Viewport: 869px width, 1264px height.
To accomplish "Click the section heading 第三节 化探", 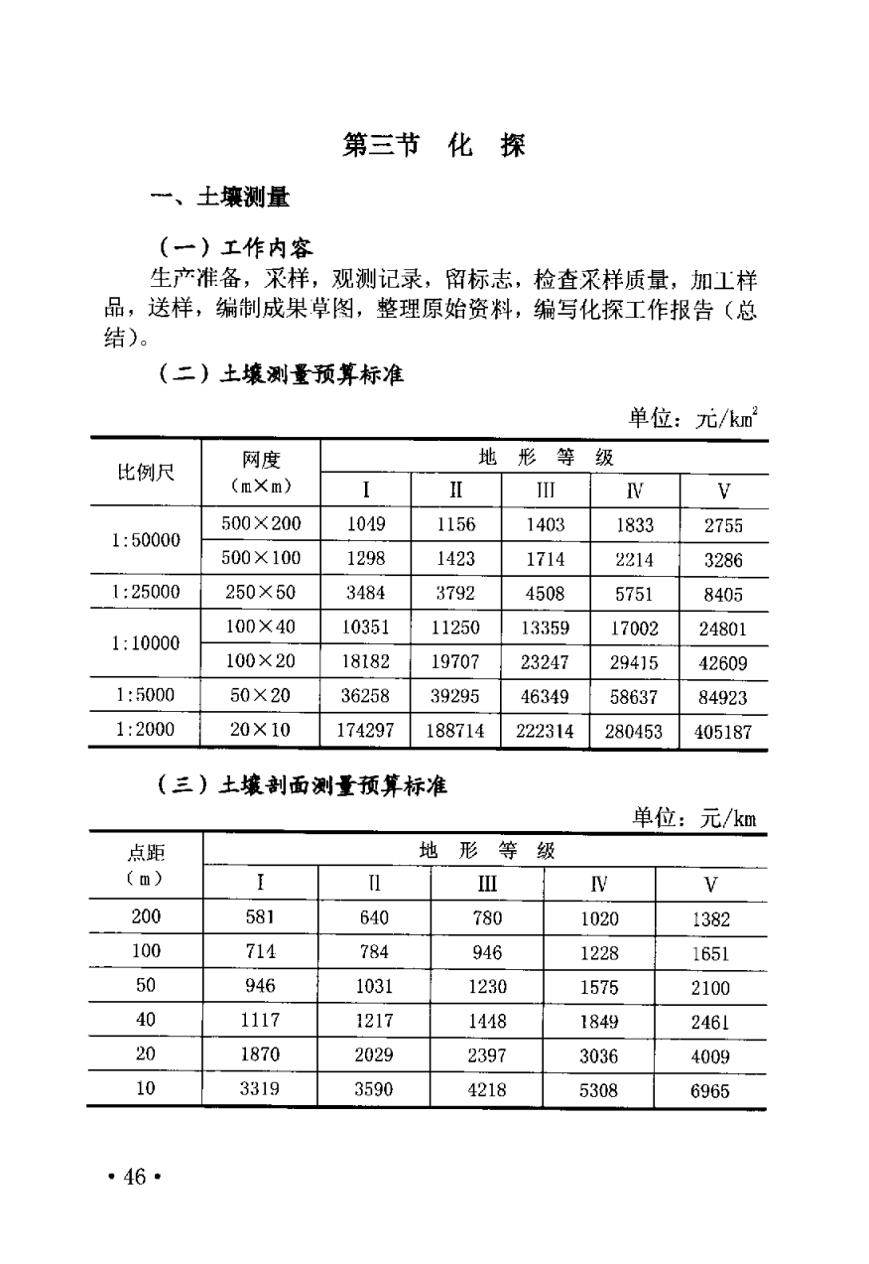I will tap(434, 146).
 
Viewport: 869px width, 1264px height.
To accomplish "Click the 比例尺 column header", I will tap(146, 473).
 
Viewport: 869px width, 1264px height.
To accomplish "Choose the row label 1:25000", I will tap(146, 594).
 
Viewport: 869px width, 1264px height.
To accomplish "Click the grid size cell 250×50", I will tap(261, 594).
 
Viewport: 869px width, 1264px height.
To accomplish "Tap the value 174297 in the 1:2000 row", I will tap(365, 732).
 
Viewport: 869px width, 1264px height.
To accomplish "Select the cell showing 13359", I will tap(546, 628).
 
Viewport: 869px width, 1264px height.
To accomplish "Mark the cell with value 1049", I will tap(365, 524).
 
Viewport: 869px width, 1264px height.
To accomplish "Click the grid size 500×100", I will tap(261, 559).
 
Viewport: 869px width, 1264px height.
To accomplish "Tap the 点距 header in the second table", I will tap(146, 853).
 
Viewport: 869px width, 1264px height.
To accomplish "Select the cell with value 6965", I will tap(709, 1091).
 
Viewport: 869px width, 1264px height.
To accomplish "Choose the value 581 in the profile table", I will tap(260, 917).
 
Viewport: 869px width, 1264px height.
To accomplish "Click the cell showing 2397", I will tap(486, 1055).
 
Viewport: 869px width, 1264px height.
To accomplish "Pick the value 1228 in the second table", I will tap(599, 952).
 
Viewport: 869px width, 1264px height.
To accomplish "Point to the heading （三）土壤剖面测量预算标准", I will tap(303, 787).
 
